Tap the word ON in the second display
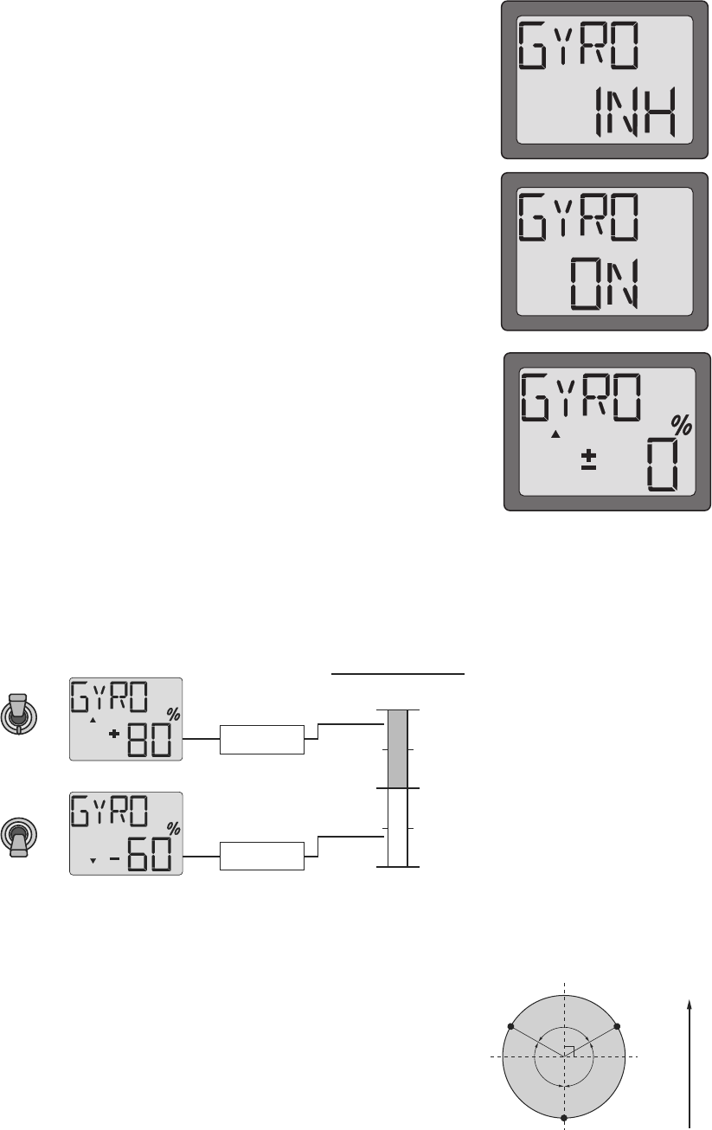point(606,285)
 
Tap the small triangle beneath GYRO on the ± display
point(556,433)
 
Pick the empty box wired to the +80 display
point(263,740)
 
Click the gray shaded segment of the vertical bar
point(397,748)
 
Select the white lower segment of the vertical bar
point(397,826)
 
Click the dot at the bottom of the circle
point(564,1118)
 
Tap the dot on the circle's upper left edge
point(510,1026)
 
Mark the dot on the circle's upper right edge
point(618,1026)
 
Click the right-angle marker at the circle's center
point(568,1052)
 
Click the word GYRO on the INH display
point(580,51)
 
